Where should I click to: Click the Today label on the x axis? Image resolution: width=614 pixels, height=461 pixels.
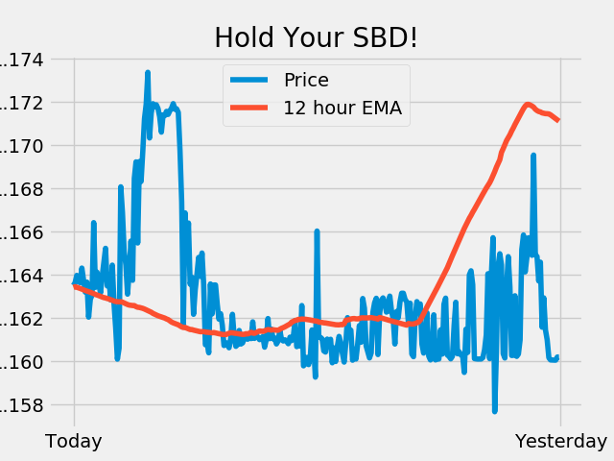[74, 441]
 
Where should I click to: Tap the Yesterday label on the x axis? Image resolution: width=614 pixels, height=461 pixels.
[561, 441]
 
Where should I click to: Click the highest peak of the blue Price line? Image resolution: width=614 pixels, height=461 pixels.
[148, 72]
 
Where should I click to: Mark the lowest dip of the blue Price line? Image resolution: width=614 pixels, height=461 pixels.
[495, 411]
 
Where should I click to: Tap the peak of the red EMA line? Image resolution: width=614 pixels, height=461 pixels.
[528, 105]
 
